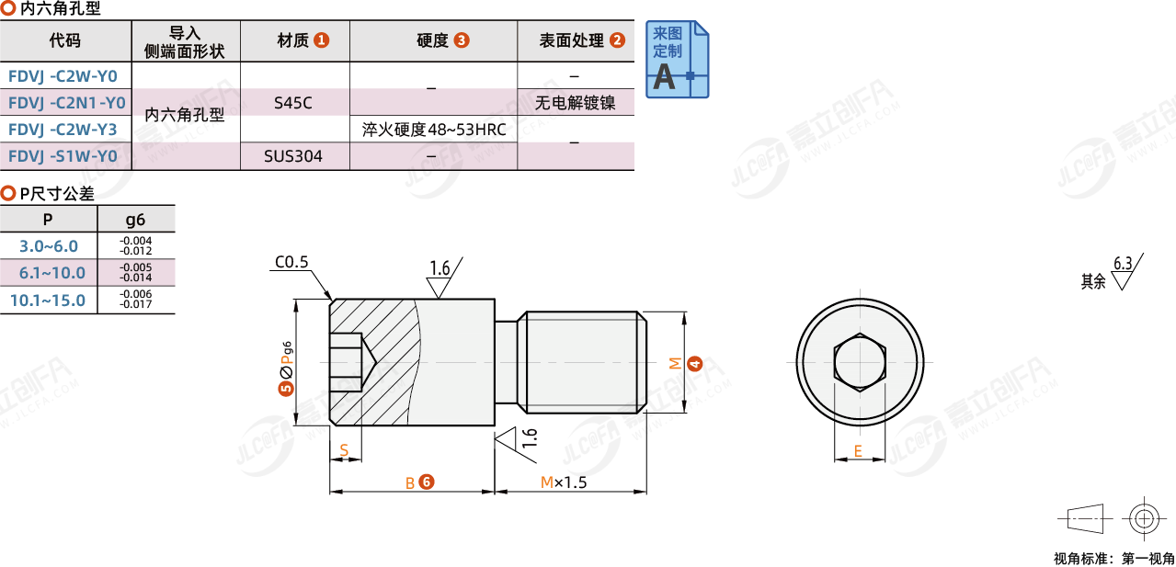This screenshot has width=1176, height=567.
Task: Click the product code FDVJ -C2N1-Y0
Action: coord(67,103)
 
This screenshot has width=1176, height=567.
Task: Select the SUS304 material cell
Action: coord(293,156)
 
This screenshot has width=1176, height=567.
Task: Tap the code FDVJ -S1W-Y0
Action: coord(63,156)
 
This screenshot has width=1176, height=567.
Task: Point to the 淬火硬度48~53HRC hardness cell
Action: coord(434,130)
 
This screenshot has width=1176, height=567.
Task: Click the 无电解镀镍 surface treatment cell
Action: coord(575,103)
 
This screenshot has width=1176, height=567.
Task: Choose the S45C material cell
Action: coord(293,103)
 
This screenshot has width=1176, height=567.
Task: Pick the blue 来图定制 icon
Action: coord(678,59)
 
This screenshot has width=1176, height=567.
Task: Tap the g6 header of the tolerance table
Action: coord(135,220)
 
